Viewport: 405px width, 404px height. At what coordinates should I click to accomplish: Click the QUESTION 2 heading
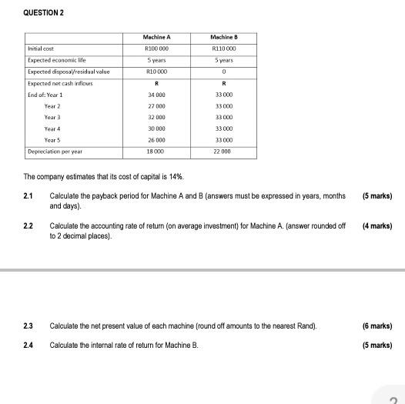coord(44,13)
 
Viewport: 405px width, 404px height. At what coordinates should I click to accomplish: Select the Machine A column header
coord(156,38)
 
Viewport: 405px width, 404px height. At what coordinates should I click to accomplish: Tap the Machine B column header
coord(223,38)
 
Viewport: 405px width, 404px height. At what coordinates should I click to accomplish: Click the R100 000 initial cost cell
coord(156,48)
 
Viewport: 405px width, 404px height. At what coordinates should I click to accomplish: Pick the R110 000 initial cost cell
coord(223,48)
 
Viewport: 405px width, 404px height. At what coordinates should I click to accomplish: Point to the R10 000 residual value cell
coord(156,71)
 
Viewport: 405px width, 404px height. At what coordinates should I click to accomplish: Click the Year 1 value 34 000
coord(156,94)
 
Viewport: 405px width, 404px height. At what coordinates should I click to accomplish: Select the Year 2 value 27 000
coord(156,105)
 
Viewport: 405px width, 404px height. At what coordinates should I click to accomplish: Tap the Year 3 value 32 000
coord(156,117)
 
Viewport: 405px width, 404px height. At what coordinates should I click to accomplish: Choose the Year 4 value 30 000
coord(156,129)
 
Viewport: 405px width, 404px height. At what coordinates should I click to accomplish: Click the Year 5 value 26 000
coord(156,140)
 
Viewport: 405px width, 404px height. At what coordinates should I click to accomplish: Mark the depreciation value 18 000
coord(156,152)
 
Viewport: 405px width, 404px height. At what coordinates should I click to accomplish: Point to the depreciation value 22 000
coord(223,152)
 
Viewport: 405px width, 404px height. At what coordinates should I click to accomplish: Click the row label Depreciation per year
coord(55,152)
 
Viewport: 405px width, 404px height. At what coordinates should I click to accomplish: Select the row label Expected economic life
coord(55,60)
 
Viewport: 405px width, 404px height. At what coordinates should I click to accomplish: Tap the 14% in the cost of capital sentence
coord(176,177)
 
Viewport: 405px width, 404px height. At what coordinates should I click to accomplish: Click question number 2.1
coord(28,197)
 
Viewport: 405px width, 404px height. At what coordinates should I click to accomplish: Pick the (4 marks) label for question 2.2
coord(377,226)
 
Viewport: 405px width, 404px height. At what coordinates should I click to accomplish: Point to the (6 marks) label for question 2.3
coord(377,326)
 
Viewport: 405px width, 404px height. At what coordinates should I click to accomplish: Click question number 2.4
coord(28,346)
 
